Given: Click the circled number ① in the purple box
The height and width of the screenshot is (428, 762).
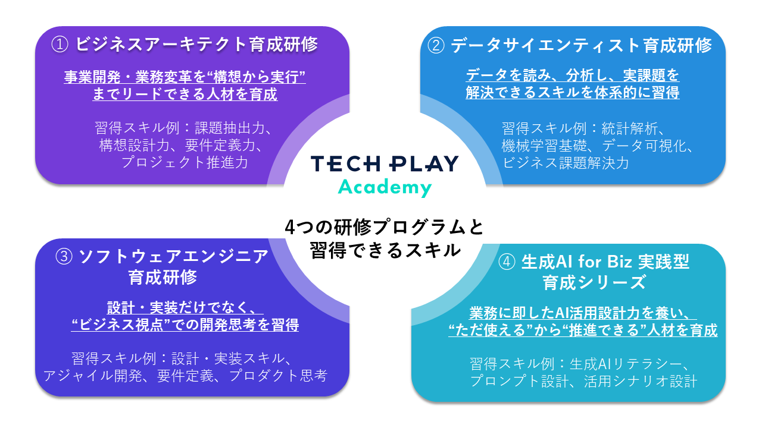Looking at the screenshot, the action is click(x=60, y=45).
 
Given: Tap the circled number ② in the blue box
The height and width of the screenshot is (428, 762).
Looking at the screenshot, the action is click(x=436, y=46).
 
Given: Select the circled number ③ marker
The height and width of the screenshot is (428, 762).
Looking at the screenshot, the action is click(x=64, y=256).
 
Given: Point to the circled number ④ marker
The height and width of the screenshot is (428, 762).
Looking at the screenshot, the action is click(x=507, y=262).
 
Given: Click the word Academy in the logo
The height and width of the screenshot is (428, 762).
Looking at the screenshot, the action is click(x=385, y=187).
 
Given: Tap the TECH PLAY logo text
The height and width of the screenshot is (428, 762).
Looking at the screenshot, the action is click(x=385, y=163).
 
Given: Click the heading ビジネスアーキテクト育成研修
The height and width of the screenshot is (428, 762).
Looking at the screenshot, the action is click(x=196, y=45).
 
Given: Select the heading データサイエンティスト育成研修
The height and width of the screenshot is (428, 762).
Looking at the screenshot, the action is click(x=582, y=46).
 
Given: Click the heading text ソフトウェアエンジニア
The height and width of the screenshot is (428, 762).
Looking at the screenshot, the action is click(x=173, y=256).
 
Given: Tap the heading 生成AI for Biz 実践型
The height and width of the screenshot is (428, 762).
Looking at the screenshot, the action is click(x=605, y=262).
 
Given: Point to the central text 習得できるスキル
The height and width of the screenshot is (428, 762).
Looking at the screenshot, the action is click(x=385, y=250).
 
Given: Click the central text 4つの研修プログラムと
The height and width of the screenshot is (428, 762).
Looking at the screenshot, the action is click(x=385, y=227).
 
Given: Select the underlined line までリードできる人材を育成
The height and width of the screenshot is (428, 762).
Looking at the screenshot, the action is click(x=185, y=94).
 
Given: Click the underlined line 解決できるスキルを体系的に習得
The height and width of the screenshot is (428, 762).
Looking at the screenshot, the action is click(x=573, y=92).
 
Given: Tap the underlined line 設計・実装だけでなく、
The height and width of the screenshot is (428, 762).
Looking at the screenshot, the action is click(x=185, y=308).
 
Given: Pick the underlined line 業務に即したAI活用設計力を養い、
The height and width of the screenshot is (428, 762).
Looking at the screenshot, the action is click(x=583, y=313).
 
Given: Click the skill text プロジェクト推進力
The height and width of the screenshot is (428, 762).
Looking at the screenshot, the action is click(x=185, y=162).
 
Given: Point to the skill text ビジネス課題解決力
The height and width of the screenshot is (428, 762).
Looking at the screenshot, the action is click(x=566, y=163).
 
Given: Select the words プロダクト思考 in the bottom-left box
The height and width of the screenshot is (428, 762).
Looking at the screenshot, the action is click(x=278, y=376).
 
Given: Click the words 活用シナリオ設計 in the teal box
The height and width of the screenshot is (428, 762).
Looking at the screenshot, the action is click(x=641, y=381).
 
